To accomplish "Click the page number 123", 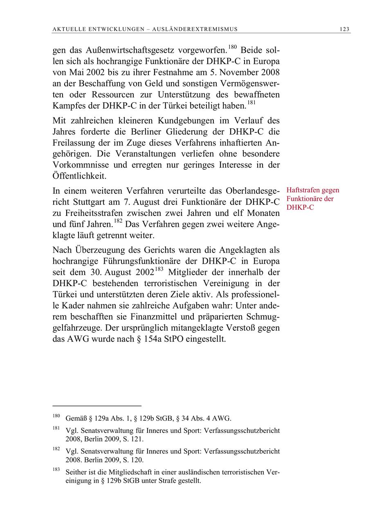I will (344, 29).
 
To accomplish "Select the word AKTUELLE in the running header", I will (67, 29).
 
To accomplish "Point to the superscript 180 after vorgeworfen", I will (232, 48).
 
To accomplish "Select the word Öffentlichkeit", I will (79, 176).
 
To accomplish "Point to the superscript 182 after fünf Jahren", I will (119, 221).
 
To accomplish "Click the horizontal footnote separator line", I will (97, 406).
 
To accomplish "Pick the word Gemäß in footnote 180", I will (76, 418).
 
